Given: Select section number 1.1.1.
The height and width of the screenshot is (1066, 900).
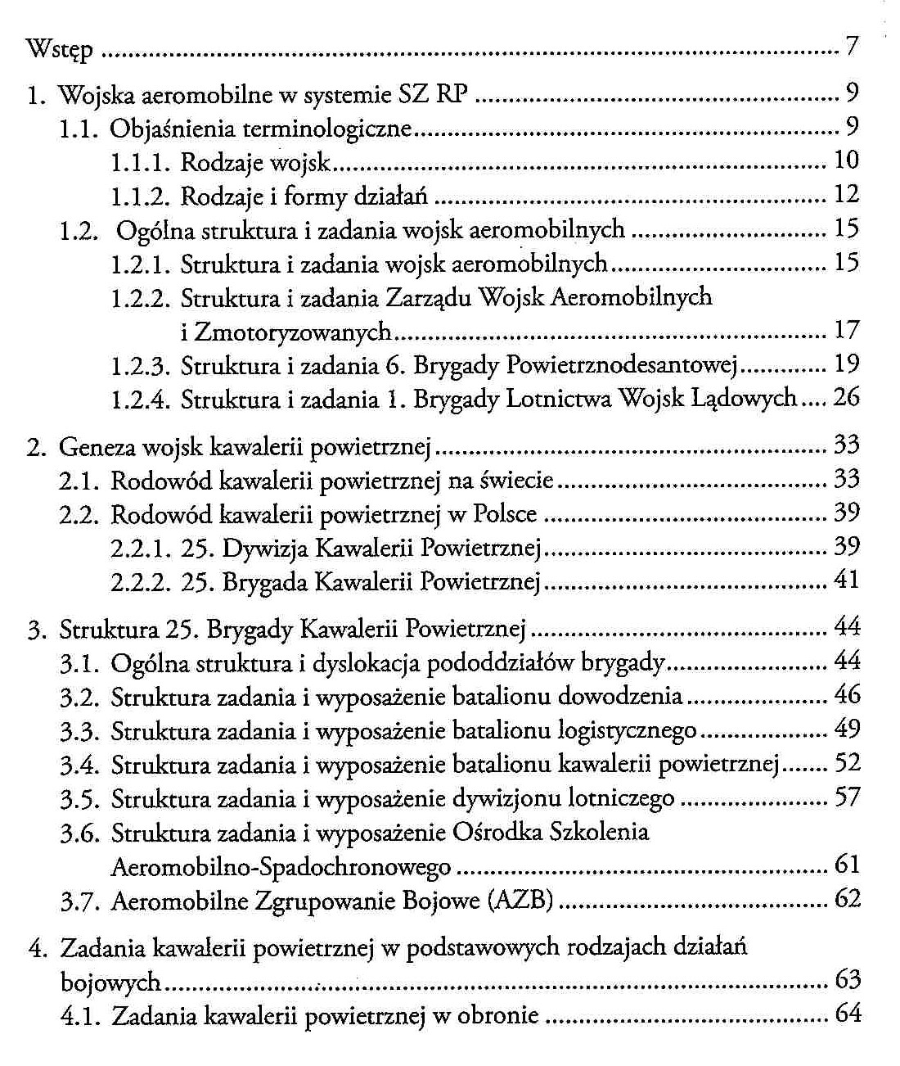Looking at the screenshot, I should (141, 162).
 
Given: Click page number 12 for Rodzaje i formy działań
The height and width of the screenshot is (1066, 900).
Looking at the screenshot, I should (846, 195).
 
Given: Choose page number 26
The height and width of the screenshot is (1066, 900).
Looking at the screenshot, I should (846, 399).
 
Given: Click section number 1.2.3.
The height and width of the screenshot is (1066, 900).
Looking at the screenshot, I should (141, 365).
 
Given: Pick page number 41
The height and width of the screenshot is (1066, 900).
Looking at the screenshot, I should (846, 581).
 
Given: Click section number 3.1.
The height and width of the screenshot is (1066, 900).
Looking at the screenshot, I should (79, 662).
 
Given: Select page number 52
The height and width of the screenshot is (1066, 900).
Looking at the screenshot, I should (846, 764).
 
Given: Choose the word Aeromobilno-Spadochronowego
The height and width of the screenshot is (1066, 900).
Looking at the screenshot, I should (281, 866).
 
